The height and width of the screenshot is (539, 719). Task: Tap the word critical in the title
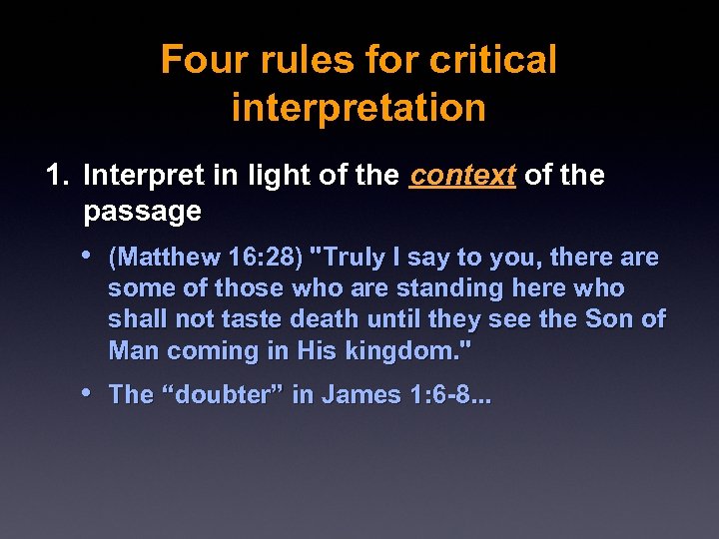pyautogui.click(x=492, y=60)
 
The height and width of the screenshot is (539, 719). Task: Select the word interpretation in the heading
pyautogui.click(x=359, y=107)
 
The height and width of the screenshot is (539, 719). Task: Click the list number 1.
pyautogui.click(x=57, y=176)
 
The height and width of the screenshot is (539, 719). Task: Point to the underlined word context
pyautogui.click(x=462, y=176)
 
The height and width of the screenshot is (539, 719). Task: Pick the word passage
pyautogui.click(x=142, y=212)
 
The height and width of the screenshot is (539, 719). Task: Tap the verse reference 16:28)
pyautogui.click(x=265, y=258)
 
